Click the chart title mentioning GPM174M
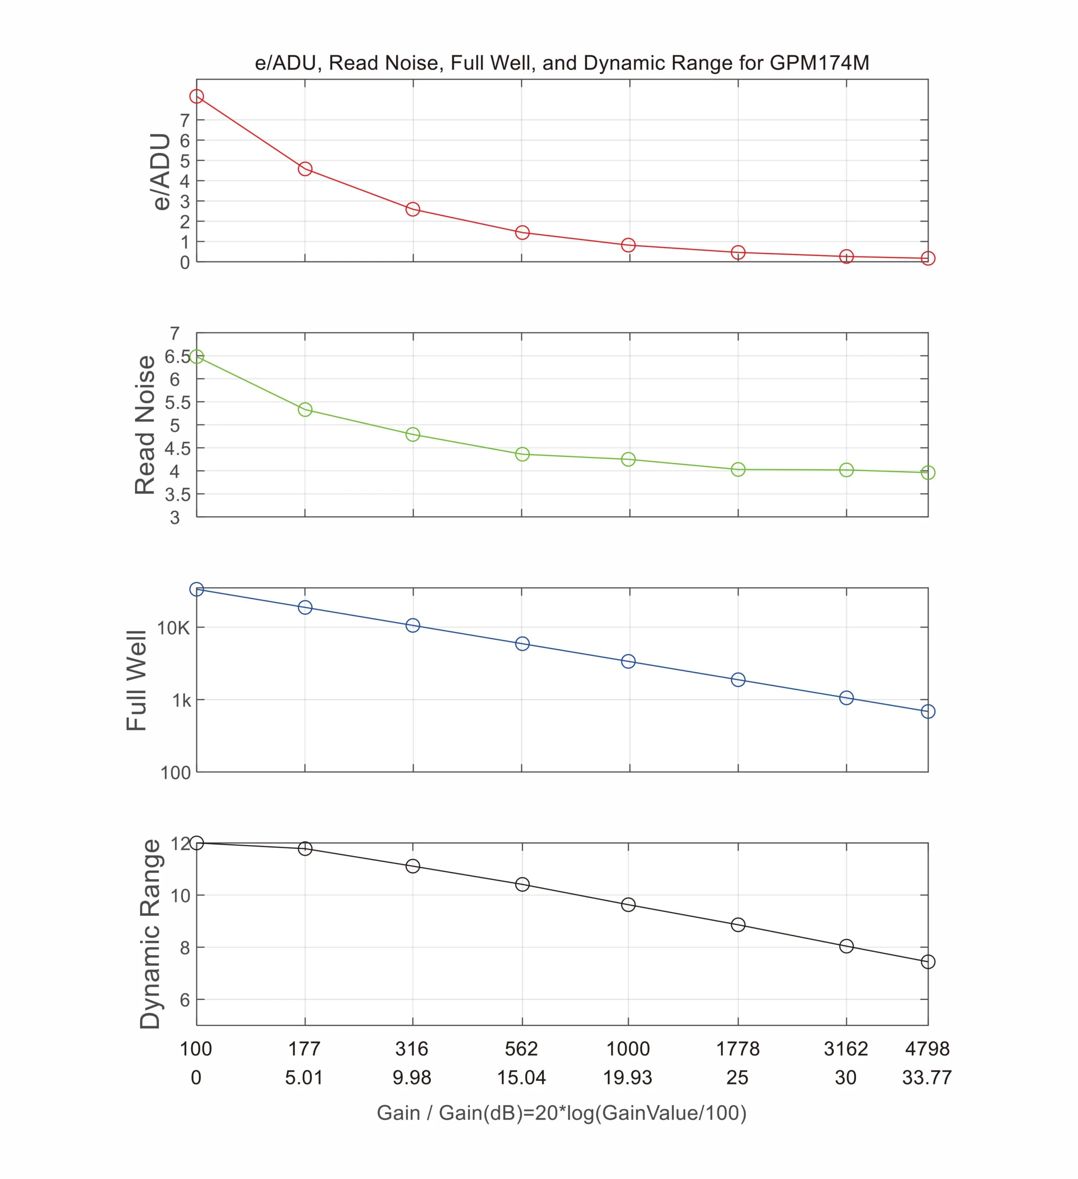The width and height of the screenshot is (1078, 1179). [x=562, y=63]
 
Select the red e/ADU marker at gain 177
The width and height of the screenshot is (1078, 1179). [x=304, y=169]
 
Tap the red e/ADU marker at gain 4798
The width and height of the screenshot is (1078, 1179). [x=928, y=258]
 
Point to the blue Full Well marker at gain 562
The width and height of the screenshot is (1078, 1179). [x=522, y=643]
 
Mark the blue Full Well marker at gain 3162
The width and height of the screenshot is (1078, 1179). [x=846, y=698]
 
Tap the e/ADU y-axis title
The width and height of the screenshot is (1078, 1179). [x=160, y=171]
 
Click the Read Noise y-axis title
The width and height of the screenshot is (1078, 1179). [x=145, y=425]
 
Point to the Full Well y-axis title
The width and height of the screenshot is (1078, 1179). [x=136, y=680]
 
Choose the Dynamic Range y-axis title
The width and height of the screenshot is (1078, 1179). [x=150, y=934]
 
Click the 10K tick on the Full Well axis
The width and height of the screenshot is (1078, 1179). [x=173, y=628]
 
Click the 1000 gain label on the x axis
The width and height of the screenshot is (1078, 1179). [x=628, y=1049]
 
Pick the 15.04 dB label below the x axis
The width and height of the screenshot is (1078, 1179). [x=521, y=1077]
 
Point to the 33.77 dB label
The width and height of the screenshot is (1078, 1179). [x=926, y=1077]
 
